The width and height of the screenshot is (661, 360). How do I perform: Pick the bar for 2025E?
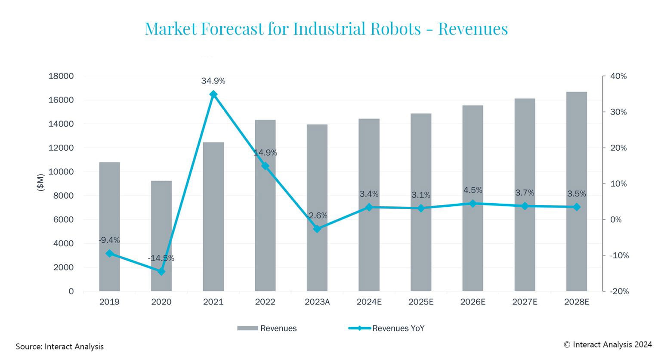pyautogui.click(x=420, y=202)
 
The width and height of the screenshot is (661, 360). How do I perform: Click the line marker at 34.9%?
pyautogui.click(x=213, y=94)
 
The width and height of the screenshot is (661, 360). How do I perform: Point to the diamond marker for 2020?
pyautogui.click(x=161, y=271)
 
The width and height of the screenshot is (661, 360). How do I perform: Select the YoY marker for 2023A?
pyautogui.click(x=317, y=229)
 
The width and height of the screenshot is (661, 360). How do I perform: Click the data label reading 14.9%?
pyautogui.click(x=265, y=153)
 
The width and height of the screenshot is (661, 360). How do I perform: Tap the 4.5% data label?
pyautogui.click(x=473, y=190)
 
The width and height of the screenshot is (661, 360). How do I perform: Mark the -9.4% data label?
pyautogui.click(x=109, y=240)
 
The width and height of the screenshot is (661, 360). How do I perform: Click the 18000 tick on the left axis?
pyautogui.click(x=61, y=76)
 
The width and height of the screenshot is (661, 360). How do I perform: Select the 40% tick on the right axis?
pyautogui.click(x=618, y=76)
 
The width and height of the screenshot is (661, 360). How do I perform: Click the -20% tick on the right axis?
pyautogui.click(x=619, y=291)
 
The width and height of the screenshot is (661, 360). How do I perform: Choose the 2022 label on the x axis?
pyautogui.click(x=265, y=302)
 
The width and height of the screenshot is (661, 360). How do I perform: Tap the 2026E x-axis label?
pyautogui.click(x=473, y=302)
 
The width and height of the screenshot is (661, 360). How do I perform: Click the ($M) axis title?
pyautogui.click(x=41, y=182)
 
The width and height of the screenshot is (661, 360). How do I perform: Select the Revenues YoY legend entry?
pyautogui.click(x=398, y=328)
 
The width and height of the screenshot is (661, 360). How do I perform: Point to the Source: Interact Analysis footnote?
pyautogui.click(x=60, y=347)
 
